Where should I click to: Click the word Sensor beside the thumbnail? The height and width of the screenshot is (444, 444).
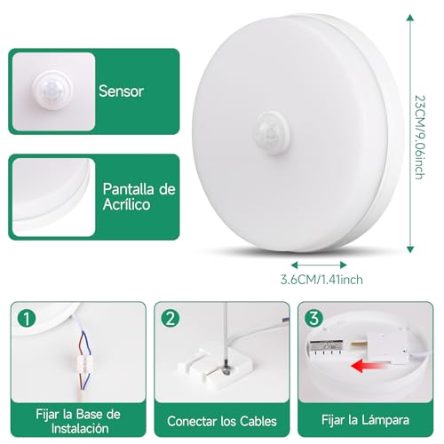tap(123, 90)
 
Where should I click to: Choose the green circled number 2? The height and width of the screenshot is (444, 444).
tap(170, 318)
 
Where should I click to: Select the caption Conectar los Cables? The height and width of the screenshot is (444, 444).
tap(222, 421)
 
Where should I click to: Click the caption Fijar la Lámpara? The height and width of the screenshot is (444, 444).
tap(367, 421)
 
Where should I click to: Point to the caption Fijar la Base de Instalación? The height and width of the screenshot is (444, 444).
tap(77, 421)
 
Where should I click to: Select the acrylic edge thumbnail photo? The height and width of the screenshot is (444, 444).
tap(52, 197)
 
